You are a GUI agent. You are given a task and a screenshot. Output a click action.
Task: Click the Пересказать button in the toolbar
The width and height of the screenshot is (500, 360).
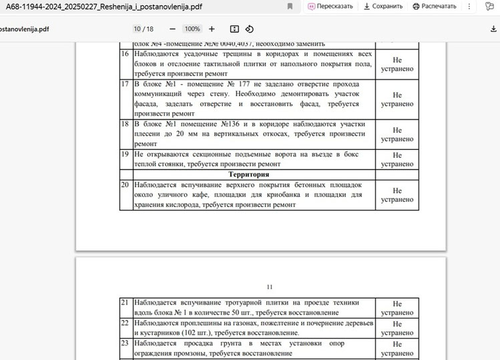(x=330, y=7)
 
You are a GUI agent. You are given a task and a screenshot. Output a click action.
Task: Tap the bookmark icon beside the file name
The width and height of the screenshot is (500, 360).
(x=290, y=7)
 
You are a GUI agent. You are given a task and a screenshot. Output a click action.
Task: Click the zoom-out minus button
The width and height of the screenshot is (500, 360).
(x=172, y=29)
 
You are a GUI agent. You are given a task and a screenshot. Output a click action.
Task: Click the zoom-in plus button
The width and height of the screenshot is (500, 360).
(x=212, y=29)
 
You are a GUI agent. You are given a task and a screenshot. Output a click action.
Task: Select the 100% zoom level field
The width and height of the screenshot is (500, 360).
(x=192, y=29)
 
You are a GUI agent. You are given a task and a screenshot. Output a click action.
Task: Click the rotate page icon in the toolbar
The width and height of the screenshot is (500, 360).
(x=250, y=29)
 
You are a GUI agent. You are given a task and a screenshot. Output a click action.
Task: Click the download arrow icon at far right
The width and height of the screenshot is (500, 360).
(x=493, y=29)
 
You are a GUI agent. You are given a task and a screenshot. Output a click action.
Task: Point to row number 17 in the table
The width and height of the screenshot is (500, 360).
(x=126, y=85)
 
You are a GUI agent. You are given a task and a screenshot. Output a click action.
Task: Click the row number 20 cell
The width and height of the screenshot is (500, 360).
(x=126, y=185)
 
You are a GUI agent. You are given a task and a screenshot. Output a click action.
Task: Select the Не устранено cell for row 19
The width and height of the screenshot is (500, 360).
(x=397, y=160)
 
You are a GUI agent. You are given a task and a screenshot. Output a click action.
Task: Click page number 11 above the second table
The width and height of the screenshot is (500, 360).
(x=270, y=287)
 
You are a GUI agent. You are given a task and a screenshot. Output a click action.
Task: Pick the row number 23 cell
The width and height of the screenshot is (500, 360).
(x=126, y=343)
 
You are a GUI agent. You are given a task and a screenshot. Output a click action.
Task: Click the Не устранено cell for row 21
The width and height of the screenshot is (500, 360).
(x=397, y=308)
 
